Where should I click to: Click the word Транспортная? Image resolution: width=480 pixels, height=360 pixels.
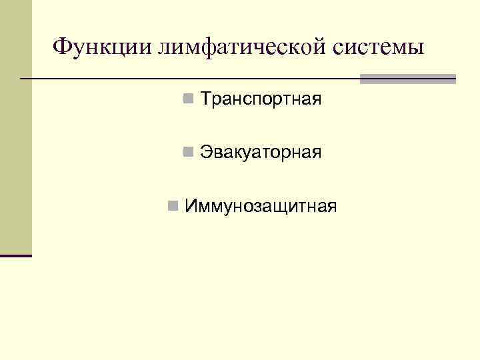click(261, 100)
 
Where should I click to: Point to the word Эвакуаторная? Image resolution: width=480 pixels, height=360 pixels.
click(261, 153)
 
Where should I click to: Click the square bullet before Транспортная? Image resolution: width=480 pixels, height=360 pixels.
click(189, 100)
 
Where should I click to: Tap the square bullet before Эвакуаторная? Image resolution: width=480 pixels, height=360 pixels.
click(189, 153)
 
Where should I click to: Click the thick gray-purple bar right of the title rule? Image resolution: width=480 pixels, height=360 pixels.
click(407, 79)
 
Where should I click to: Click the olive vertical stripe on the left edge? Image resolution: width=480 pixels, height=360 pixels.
click(15, 127)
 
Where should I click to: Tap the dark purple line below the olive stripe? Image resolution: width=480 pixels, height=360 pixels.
click(15, 255)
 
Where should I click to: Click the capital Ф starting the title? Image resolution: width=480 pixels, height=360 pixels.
click(61, 47)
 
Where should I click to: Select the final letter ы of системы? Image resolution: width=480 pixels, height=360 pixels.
click(416, 49)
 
